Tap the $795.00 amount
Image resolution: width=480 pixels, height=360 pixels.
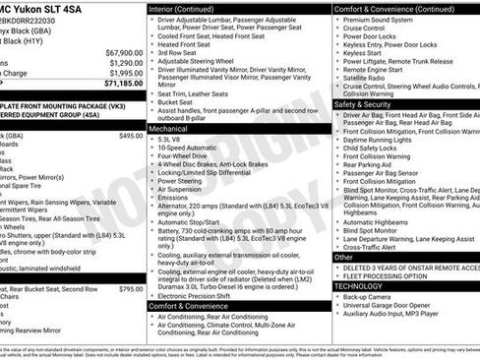[x=130, y=290]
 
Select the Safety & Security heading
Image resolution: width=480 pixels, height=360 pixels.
[x=362, y=103]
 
